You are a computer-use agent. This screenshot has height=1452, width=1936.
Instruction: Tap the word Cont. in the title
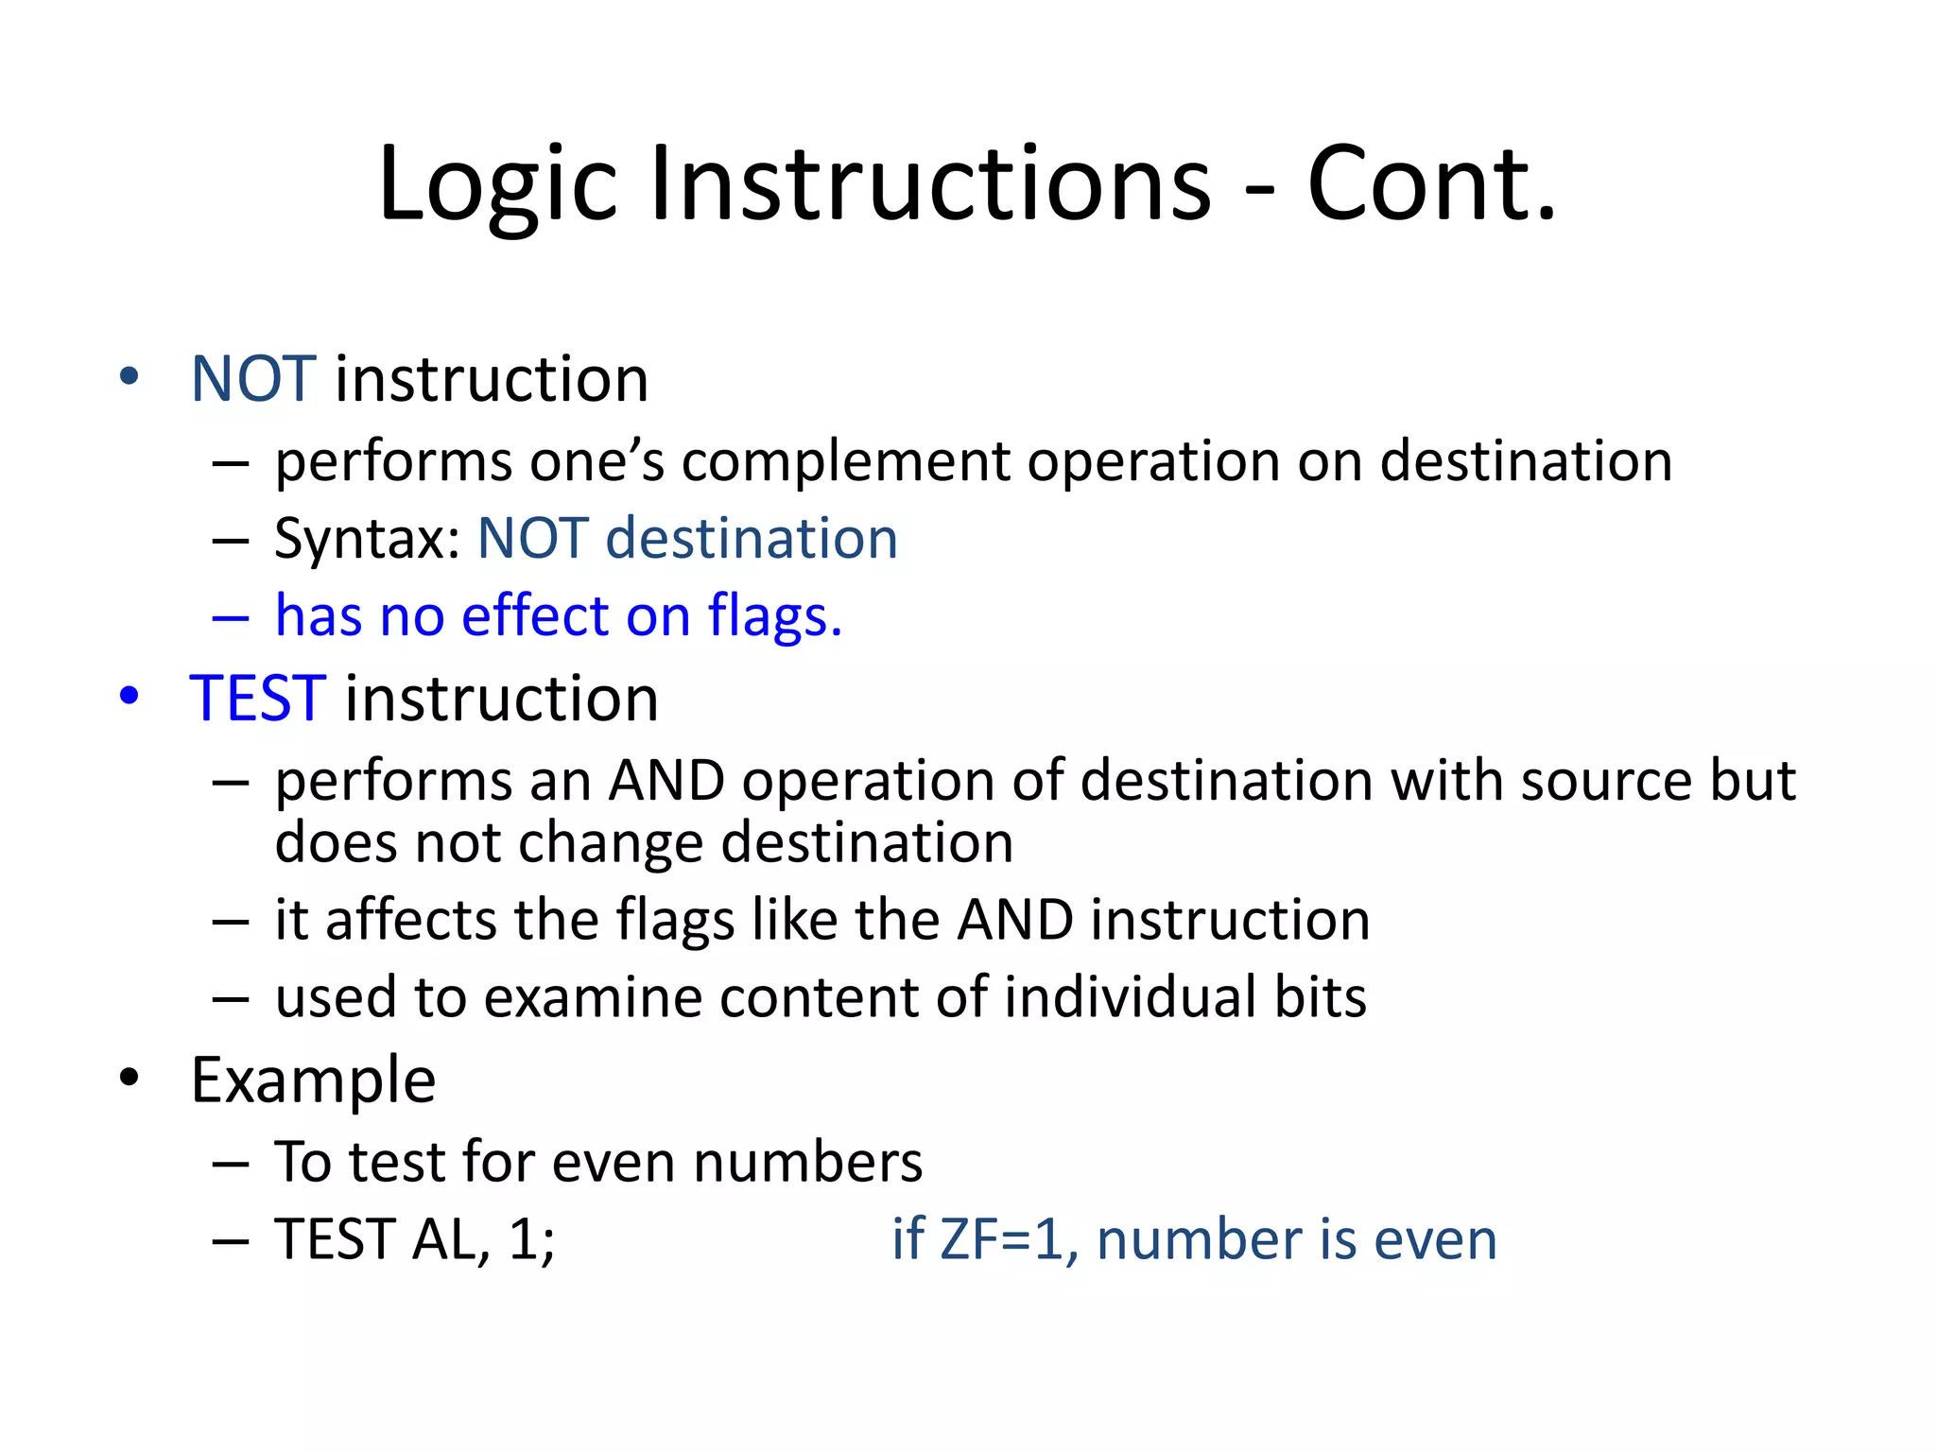coord(1430,184)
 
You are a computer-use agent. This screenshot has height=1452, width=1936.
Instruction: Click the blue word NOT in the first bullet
coord(252,379)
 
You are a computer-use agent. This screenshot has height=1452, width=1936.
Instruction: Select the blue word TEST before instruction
coord(258,699)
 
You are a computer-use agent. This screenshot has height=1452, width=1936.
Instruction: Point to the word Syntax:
coord(367,540)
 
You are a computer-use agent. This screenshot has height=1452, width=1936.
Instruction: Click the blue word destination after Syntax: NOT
coord(751,540)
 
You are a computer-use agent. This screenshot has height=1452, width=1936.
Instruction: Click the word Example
coord(313,1080)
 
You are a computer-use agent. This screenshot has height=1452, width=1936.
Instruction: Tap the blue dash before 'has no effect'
coord(230,619)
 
